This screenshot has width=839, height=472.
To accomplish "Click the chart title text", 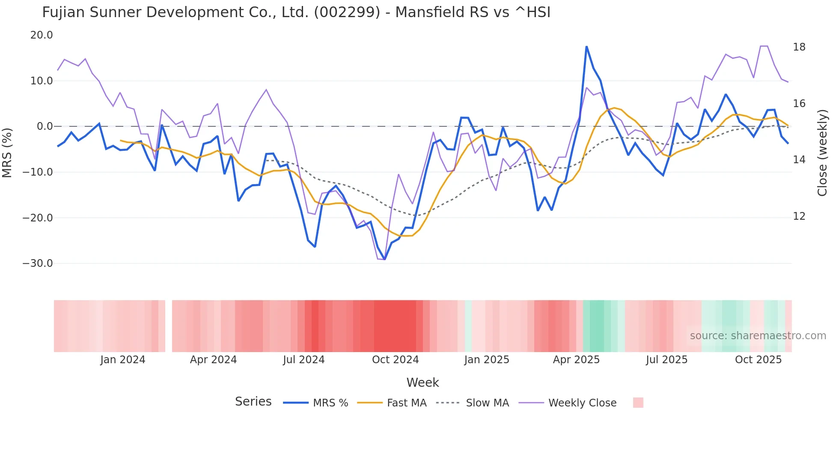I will [296, 12].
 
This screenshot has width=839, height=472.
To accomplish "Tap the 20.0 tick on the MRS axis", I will [42, 35].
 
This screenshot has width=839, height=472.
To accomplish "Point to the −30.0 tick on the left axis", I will [38, 263].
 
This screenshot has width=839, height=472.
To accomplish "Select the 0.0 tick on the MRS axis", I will [45, 126].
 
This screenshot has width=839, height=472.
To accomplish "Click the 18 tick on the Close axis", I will [799, 47].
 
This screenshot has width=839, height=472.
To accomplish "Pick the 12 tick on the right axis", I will [799, 216].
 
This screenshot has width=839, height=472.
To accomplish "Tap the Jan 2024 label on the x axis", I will [123, 360].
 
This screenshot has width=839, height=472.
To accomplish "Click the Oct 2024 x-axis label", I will [395, 360].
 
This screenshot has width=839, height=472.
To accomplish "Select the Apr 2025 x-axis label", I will [576, 360].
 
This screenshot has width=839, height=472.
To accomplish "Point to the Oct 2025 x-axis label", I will [758, 360].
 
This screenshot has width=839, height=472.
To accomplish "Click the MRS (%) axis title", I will [7, 152].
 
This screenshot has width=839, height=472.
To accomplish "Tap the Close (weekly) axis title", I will [822, 153].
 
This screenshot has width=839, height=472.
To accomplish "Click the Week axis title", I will [422, 382].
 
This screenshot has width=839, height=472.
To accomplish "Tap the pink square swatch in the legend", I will [638, 403].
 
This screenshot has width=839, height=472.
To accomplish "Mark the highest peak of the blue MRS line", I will [586, 47].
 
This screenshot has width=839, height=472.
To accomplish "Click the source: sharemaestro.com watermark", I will [758, 336].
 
